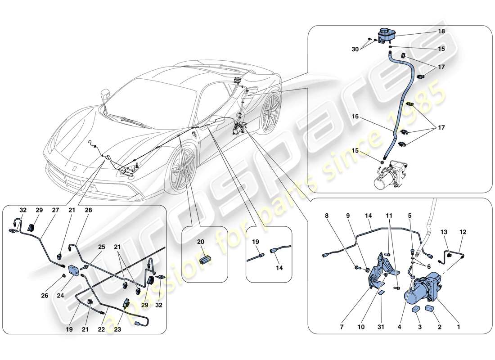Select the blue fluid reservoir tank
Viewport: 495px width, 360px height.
click(x=385, y=35)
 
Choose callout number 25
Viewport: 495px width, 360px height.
click(x=102, y=247)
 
